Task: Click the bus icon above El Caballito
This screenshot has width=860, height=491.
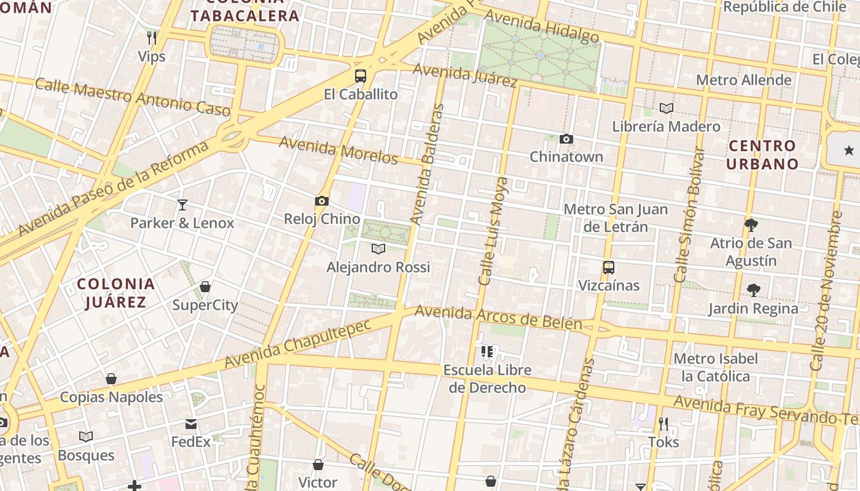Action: [361, 76]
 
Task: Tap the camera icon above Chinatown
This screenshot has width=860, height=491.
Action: [566, 139]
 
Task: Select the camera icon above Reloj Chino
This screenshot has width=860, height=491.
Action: [321, 201]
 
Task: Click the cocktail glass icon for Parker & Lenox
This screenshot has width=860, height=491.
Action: [182, 204]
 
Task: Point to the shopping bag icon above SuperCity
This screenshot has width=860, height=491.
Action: [205, 287]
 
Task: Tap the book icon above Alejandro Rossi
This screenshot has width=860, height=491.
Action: [378, 249]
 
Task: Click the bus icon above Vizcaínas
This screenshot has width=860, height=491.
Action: [609, 268]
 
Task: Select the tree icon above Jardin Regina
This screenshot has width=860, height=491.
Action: [753, 290]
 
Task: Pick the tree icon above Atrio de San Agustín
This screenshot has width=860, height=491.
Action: [751, 225]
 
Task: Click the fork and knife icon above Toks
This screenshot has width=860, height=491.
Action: [663, 423]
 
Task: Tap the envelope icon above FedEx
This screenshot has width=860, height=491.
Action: [190, 423]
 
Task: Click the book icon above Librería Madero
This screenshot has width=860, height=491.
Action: [666, 109]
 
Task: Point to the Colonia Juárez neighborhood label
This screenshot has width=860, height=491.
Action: [116, 293]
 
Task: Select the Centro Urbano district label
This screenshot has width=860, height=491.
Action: [762, 155]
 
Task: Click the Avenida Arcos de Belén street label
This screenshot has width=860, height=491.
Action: [498, 317]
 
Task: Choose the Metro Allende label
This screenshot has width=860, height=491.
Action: [743, 80]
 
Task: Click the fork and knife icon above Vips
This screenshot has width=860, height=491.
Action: [152, 38]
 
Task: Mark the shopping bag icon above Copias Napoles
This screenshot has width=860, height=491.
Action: [111, 379]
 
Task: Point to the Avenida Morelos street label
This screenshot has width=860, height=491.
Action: [339, 150]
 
